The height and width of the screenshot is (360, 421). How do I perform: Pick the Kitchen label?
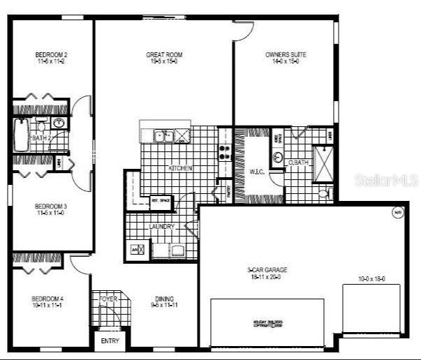[x=180, y=168]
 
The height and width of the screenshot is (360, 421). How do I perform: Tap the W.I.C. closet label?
[x=256, y=170]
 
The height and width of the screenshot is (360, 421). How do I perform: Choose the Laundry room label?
[x=161, y=227]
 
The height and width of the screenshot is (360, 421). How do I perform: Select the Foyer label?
[x=108, y=299]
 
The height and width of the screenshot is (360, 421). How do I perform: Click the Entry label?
[x=110, y=341]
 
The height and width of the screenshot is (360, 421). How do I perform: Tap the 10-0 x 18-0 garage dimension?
[x=371, y=278]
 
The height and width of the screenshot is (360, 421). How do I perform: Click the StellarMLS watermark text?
[x=387, y=181]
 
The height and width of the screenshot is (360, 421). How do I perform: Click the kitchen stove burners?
[x=226, y=151]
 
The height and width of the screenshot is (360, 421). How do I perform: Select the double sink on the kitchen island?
[x=164, y=135]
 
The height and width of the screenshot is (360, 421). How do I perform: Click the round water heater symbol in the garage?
[x=398, y=213]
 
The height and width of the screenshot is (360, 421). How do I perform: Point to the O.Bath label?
[x=299, y=163]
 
